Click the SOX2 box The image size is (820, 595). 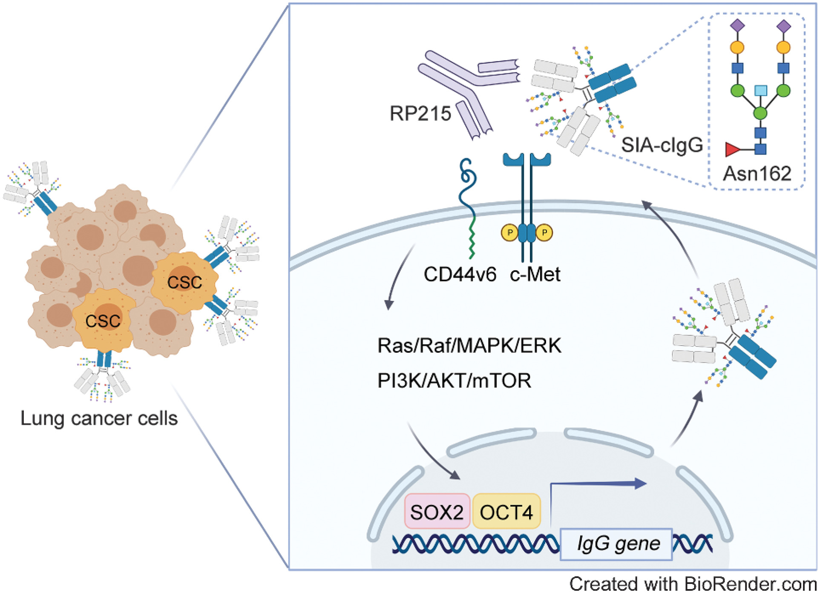tap(437, 512)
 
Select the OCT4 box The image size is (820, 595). tap(506, 512)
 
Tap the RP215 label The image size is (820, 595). tap(420, 114)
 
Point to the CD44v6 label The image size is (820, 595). tap(460, 275)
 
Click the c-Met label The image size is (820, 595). tap(535, 275)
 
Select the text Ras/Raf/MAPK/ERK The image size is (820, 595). tap(469, 346)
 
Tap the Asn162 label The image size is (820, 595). tap(757, 174)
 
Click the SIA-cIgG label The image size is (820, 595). tap(662, 146)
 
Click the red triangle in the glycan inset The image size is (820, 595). tap(732, 150)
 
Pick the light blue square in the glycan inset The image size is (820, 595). tap(761, 90)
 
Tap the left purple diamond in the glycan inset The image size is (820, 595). tap(737, 26)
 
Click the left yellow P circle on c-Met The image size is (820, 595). tap(509, 233)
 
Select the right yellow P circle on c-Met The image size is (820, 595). tap(544, 233)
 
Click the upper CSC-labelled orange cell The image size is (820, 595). tap(184, 282)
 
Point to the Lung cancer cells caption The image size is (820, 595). tap(99, 419)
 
